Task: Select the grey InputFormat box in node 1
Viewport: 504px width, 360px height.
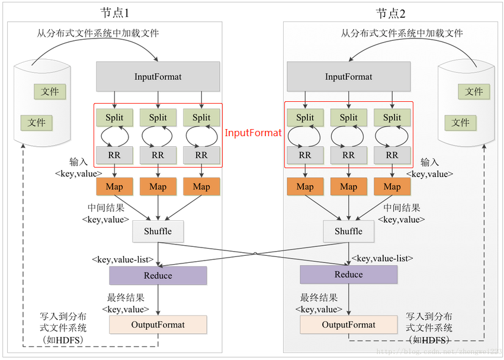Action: click(x=158, y=76)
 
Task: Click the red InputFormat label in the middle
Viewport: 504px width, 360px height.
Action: click(x=253, y=133)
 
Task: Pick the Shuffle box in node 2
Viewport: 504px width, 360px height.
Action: click(x=348, y=231)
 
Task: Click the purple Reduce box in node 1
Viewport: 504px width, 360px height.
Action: click(x=158, y=275)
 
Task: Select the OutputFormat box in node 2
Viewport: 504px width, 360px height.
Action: click(x=348, y=324)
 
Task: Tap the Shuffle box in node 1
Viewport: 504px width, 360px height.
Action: click(x=158, y=231)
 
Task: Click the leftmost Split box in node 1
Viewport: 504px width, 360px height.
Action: click(x=114, y=117)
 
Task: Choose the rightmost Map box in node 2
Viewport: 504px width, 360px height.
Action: click(x=392, y=187)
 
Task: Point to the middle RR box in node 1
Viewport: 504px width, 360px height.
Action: click(x=158, y=155)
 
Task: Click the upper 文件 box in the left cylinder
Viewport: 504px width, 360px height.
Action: click(x=50, y=92)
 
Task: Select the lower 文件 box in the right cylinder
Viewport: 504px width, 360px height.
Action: click(x=460, y=123)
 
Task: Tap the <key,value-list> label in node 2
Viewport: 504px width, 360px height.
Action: click(x=383, y=258)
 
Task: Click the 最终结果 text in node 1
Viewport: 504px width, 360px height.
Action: click(x=126, y=298)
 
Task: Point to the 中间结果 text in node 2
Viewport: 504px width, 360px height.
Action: click(x=402, y=208)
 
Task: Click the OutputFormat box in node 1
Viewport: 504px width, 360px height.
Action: click(x=158, y=324)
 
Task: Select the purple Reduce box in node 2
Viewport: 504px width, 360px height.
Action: click(x=348, y=274)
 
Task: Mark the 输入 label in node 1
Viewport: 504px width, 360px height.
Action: click(x=79, y=162)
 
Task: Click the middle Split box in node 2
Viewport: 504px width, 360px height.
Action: click(x=348, y=117)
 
